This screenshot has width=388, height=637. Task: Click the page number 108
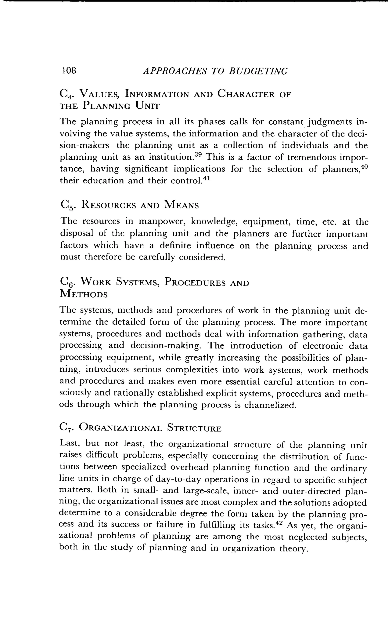69,70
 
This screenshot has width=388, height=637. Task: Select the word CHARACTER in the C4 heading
246,94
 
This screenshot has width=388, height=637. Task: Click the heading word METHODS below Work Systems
83,294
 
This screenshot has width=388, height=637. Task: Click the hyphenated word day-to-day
178,480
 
